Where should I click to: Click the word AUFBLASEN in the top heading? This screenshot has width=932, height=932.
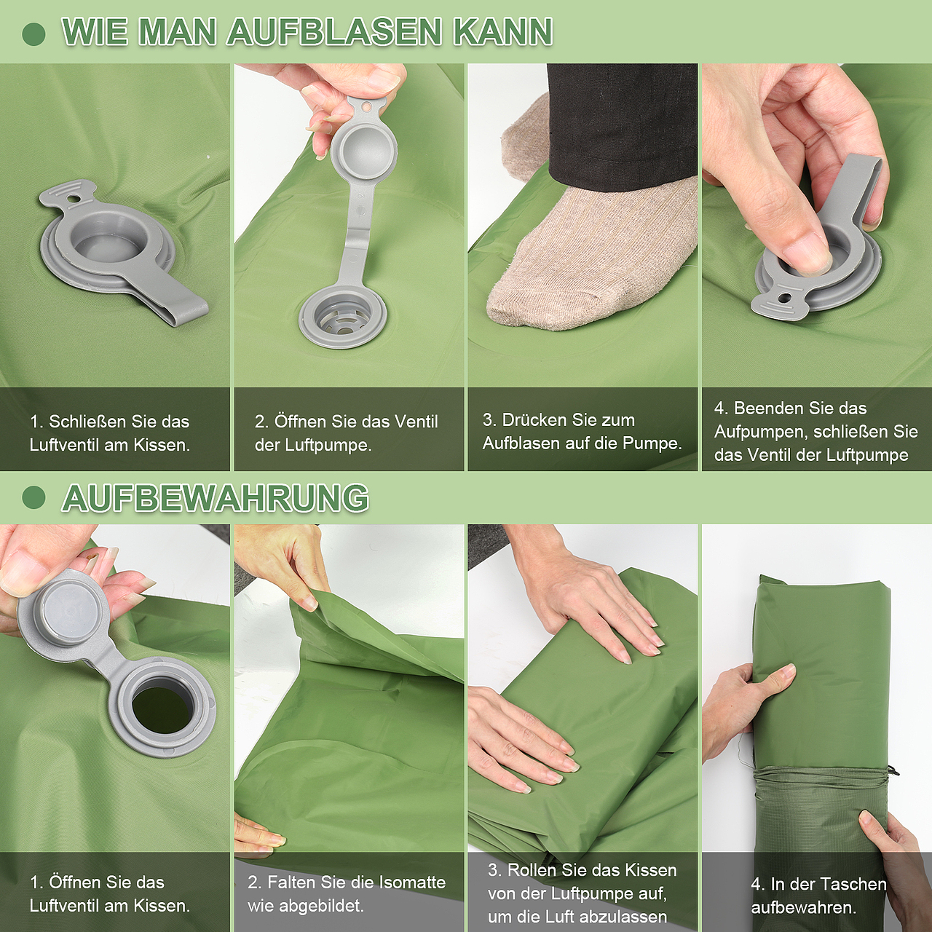(x=335, y=32)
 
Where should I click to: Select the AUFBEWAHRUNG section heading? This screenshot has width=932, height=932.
(x=216, y=497)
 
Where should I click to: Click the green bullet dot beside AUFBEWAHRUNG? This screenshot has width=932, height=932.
(x=33, y=498)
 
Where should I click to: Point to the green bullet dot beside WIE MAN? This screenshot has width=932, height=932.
(x=33, y=33)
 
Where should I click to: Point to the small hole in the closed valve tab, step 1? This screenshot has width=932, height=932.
(x=73, y=199)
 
